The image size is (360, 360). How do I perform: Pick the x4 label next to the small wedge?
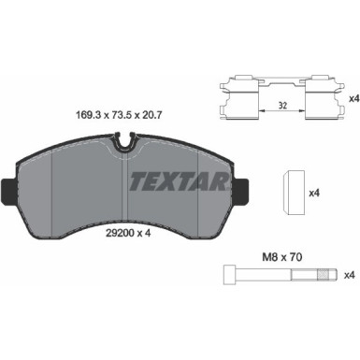point(314,193)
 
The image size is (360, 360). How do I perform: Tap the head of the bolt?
point(230,275)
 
